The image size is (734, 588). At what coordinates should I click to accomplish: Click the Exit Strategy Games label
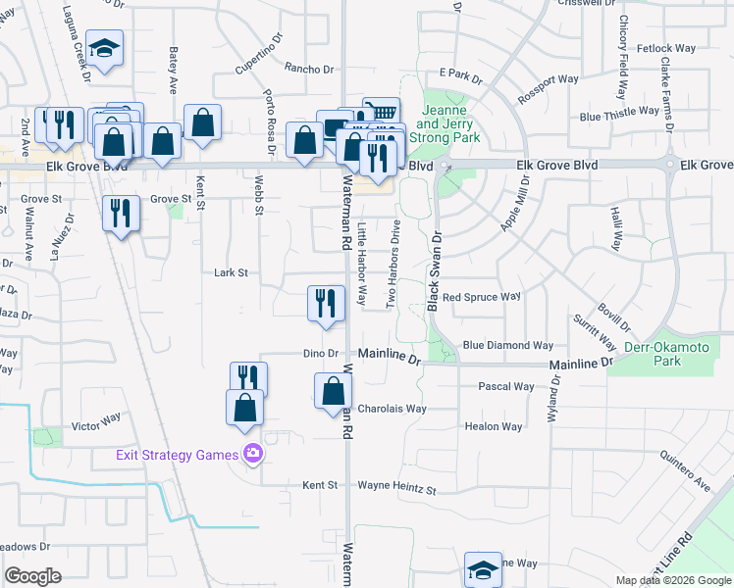coord(177,455)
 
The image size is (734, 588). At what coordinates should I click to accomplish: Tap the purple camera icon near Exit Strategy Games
coord(253,454)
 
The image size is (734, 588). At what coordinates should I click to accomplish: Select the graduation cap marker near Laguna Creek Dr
coord(102,48)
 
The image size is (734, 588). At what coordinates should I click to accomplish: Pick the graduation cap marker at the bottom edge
coord(483,570)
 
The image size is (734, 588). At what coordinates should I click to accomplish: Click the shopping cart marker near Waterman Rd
coord(380,112)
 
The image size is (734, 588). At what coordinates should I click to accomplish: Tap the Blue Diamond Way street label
coord(507,345)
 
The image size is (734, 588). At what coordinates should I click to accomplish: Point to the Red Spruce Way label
coord(481,296)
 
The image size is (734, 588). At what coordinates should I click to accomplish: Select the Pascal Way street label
coord(505,387)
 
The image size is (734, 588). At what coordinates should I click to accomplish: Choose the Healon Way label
coord(494,426)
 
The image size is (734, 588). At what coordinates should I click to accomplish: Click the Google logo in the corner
coord(33,576)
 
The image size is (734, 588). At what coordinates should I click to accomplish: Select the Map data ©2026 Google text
coord(672,580)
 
